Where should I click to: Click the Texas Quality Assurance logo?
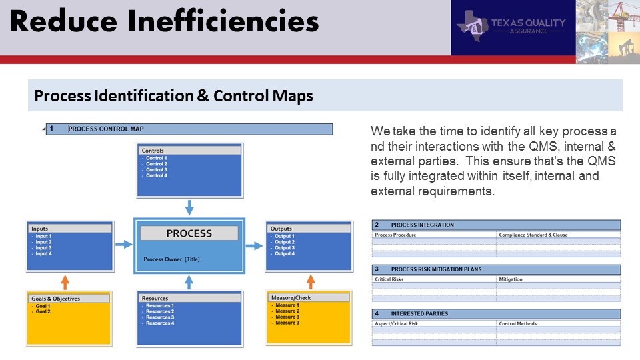pos(512,26)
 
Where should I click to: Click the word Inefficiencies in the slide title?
pos(223,21)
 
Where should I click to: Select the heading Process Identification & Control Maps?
pos(173,95)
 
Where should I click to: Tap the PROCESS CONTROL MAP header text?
pos(106,129)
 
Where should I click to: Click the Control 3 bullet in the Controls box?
pos(156,170)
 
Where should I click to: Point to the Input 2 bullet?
pos(43,242)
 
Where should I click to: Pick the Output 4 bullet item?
pos(285,253)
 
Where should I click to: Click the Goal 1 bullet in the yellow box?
pos(43,306)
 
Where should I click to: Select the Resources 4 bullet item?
pos(160,323)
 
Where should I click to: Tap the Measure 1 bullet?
pos(287,305)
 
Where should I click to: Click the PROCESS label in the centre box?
pos(189,233)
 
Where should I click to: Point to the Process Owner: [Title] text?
pos(171,259)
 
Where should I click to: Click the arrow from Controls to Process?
pos(189,207)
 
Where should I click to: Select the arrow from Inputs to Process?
pos(124,245)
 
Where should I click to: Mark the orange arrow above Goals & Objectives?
pos(65,282)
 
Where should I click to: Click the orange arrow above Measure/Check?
pos(311,281)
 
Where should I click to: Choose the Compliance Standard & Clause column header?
pos(533,235)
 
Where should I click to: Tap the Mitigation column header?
pos(511,279)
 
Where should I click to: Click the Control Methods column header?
pos(517,324)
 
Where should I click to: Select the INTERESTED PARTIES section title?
pos(419,314)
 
